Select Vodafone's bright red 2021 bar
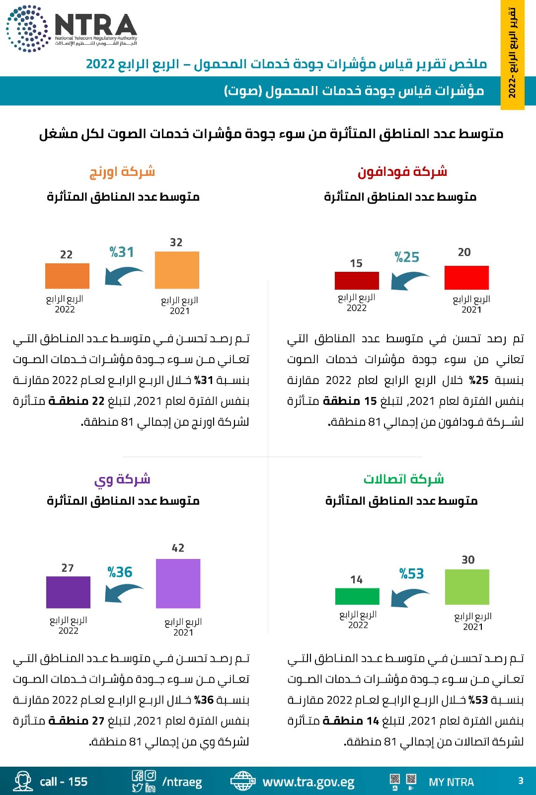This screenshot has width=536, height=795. coord(466,278)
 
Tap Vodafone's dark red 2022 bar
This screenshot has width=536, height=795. coord(357,280)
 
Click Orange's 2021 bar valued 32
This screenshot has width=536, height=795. coord(177,270)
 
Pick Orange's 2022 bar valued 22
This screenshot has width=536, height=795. coord(67,276)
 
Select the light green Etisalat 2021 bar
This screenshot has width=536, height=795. coord(467,587)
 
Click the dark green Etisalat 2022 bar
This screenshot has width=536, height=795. coord(357,596)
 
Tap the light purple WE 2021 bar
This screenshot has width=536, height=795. coord(178,583)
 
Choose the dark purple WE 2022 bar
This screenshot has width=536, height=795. coord(68,592)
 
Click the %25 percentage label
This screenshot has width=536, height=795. coord(407,257)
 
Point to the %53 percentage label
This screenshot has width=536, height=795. coord(411,574)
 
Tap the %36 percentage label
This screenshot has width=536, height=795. coord(120,572)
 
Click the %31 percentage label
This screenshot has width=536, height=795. coord(122,252)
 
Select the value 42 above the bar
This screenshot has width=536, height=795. coord(178,548)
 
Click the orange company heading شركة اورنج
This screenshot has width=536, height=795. coord(122,172)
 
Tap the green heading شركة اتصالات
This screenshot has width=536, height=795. coord(403,479)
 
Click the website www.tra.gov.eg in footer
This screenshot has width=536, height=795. coord(308,782)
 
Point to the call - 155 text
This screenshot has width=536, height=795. coord(64,782)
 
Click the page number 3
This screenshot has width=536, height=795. coord(521,781)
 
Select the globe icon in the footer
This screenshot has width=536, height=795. coord(242,781)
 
